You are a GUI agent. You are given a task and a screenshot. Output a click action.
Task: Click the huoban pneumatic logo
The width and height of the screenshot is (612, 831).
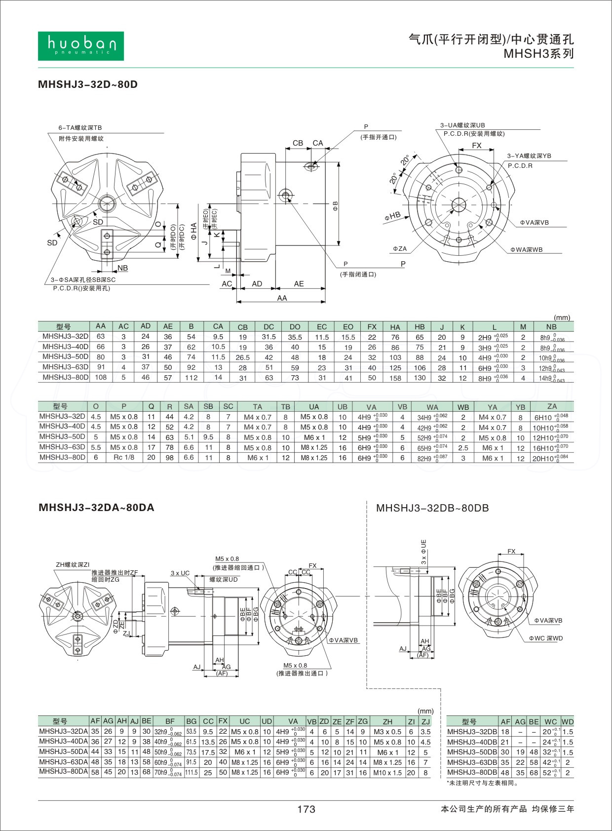pos(81,46)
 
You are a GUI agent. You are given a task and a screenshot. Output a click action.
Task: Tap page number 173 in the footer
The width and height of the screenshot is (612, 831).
pos(306,809)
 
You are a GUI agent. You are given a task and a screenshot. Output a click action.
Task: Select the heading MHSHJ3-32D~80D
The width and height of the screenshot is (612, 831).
pos(88,84)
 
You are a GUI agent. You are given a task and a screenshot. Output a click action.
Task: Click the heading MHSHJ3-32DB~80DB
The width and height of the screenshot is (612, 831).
pos(432,508)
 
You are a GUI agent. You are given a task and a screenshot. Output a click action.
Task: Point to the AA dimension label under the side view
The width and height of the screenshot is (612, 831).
pos(282,298)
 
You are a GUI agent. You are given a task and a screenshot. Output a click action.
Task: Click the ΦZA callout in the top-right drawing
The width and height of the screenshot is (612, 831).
pos(400,249)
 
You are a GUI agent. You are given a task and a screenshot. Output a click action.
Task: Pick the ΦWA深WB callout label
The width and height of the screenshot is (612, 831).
pos(527,250)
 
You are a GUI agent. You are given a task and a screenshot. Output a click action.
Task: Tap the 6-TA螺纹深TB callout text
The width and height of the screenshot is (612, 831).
pos(80,127)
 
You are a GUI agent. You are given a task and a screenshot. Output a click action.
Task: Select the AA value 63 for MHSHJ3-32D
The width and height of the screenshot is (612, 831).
pos(101,337)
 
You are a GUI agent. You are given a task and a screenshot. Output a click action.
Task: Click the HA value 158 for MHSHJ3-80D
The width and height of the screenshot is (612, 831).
pos(395,378)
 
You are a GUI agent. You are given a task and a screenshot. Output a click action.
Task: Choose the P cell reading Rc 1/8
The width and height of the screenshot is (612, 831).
pos(124,458)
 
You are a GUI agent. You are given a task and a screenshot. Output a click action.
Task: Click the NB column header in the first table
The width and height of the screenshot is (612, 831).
pos(551,327)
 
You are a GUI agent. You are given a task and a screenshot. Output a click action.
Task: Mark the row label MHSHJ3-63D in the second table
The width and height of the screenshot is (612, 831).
pos(63,447)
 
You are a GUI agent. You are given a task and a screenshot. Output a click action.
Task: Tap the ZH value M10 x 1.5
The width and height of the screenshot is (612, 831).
pos(387,773)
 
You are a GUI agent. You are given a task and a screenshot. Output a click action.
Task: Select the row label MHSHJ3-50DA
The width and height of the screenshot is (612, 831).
pos(64,752)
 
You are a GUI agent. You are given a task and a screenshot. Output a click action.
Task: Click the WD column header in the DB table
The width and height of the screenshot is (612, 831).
pos(568,721)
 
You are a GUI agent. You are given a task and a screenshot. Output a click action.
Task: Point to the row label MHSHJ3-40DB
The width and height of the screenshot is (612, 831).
pos(472,742)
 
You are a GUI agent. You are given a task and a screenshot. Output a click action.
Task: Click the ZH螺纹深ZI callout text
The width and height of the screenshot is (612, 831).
pos(73,564)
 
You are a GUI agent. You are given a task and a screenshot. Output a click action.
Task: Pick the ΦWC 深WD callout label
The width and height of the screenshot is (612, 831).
pos(546,638)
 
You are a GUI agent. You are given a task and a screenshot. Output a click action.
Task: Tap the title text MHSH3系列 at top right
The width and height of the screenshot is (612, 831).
pos(538,54)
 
